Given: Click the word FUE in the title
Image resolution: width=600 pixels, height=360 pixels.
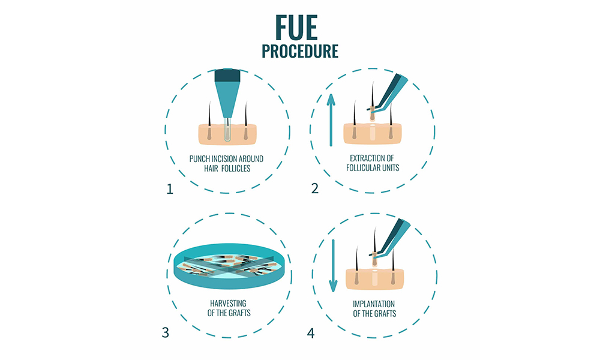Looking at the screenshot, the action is pos(296,28).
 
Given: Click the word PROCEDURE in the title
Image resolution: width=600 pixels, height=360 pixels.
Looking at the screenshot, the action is pos(300,51).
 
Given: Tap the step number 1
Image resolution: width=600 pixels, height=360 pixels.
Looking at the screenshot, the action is pos(170,189).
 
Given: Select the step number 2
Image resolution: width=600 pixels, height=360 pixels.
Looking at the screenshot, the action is pos(315,188).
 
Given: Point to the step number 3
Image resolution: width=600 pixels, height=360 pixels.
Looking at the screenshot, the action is pos(166,332).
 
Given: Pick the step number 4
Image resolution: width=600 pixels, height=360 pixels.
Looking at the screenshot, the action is pos(311,333).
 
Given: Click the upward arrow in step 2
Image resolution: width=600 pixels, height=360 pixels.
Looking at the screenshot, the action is pos(331,120).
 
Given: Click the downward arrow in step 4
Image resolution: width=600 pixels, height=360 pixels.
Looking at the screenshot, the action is pos(333,266).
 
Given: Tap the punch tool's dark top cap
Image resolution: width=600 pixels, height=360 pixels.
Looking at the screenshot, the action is pos(227,76).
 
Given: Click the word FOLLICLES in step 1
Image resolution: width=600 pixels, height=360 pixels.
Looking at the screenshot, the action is pos(236,169).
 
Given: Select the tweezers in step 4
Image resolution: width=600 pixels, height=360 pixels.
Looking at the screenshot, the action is pos(389,238).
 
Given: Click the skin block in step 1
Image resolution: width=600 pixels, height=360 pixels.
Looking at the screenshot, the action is pos(227,134).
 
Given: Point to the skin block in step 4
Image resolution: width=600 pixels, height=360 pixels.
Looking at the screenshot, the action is pos(374,279).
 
